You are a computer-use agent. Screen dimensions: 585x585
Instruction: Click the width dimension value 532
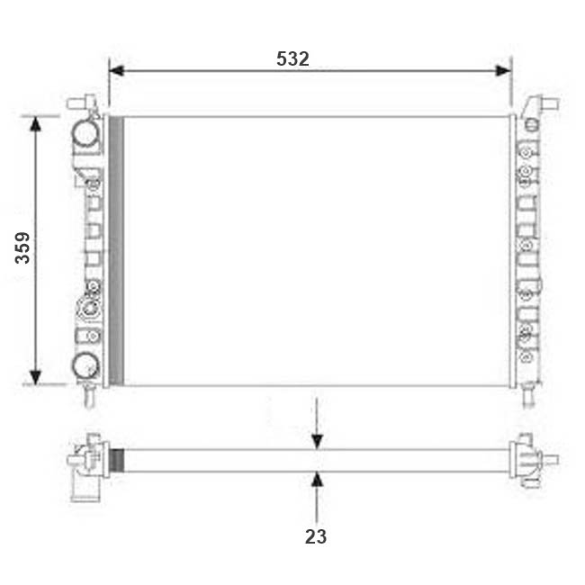coord(292,58)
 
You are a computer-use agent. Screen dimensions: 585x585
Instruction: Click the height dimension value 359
coord(22,248)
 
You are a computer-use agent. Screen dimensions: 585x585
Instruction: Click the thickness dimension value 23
coord(316,537)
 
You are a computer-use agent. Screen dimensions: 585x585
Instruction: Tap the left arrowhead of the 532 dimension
coord(117,70)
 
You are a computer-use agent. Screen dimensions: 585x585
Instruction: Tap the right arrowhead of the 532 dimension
coord(503,70)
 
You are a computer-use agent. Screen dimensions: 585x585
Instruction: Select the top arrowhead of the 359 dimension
coord(35,124)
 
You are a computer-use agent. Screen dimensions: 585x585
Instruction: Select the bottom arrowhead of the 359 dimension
coord(35,378)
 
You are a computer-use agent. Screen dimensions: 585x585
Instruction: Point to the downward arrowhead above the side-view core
coord(317,442)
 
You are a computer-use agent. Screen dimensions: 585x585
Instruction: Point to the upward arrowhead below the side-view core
coord(317,479)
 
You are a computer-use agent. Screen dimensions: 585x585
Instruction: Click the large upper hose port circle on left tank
coord(86,133)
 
